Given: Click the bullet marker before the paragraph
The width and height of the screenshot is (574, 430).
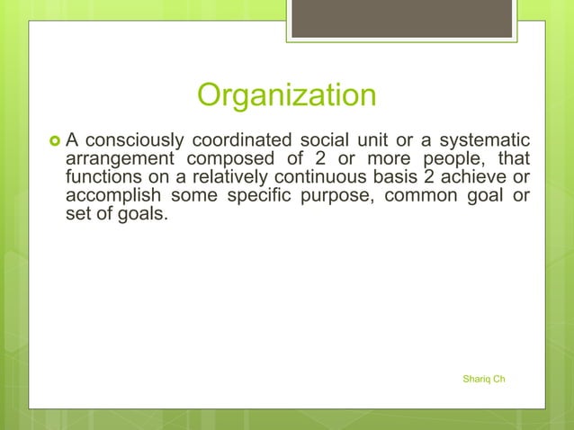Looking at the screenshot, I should pos(50,141).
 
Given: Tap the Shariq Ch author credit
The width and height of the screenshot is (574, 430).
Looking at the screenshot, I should pos(483,379).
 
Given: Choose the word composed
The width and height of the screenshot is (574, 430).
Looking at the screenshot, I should pos(227,159).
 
